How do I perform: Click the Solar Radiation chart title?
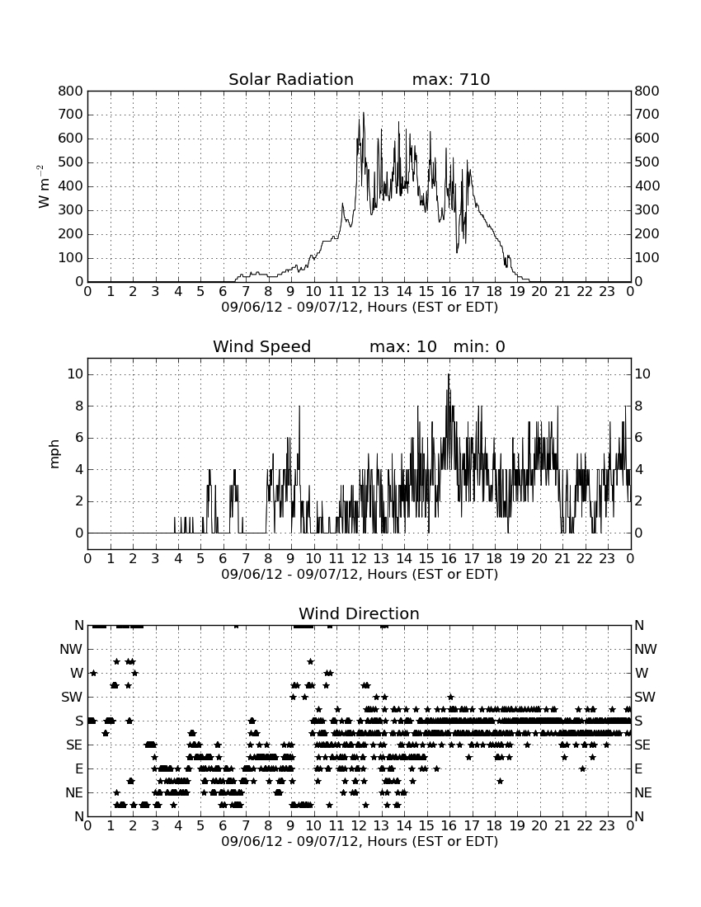coord(291,79)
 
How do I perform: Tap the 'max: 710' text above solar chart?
coord(451,79)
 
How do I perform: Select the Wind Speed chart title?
coord(262,346)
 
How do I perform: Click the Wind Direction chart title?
coord(360,613)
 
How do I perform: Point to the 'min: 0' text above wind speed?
coord(479,346)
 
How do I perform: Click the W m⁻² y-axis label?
coord(43,186)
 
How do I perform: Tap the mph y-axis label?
coord(54,454)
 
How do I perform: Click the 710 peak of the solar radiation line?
coord(363,113)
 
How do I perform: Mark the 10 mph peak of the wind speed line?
coord(449,375)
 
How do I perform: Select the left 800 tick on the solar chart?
coord(71,91)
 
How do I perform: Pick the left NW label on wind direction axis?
coord(71,649)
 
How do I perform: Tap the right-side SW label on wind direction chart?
coord(645,697)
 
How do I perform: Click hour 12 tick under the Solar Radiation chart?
coord(359,292)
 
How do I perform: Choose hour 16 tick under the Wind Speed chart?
coord(449,559)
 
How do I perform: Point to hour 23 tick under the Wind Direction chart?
coord(607,825)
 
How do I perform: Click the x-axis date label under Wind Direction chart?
coord(360,841)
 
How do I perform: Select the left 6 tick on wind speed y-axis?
coord(79,438)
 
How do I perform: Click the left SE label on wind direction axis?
coord(74,745)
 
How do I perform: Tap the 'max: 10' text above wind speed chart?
coord(403,346)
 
